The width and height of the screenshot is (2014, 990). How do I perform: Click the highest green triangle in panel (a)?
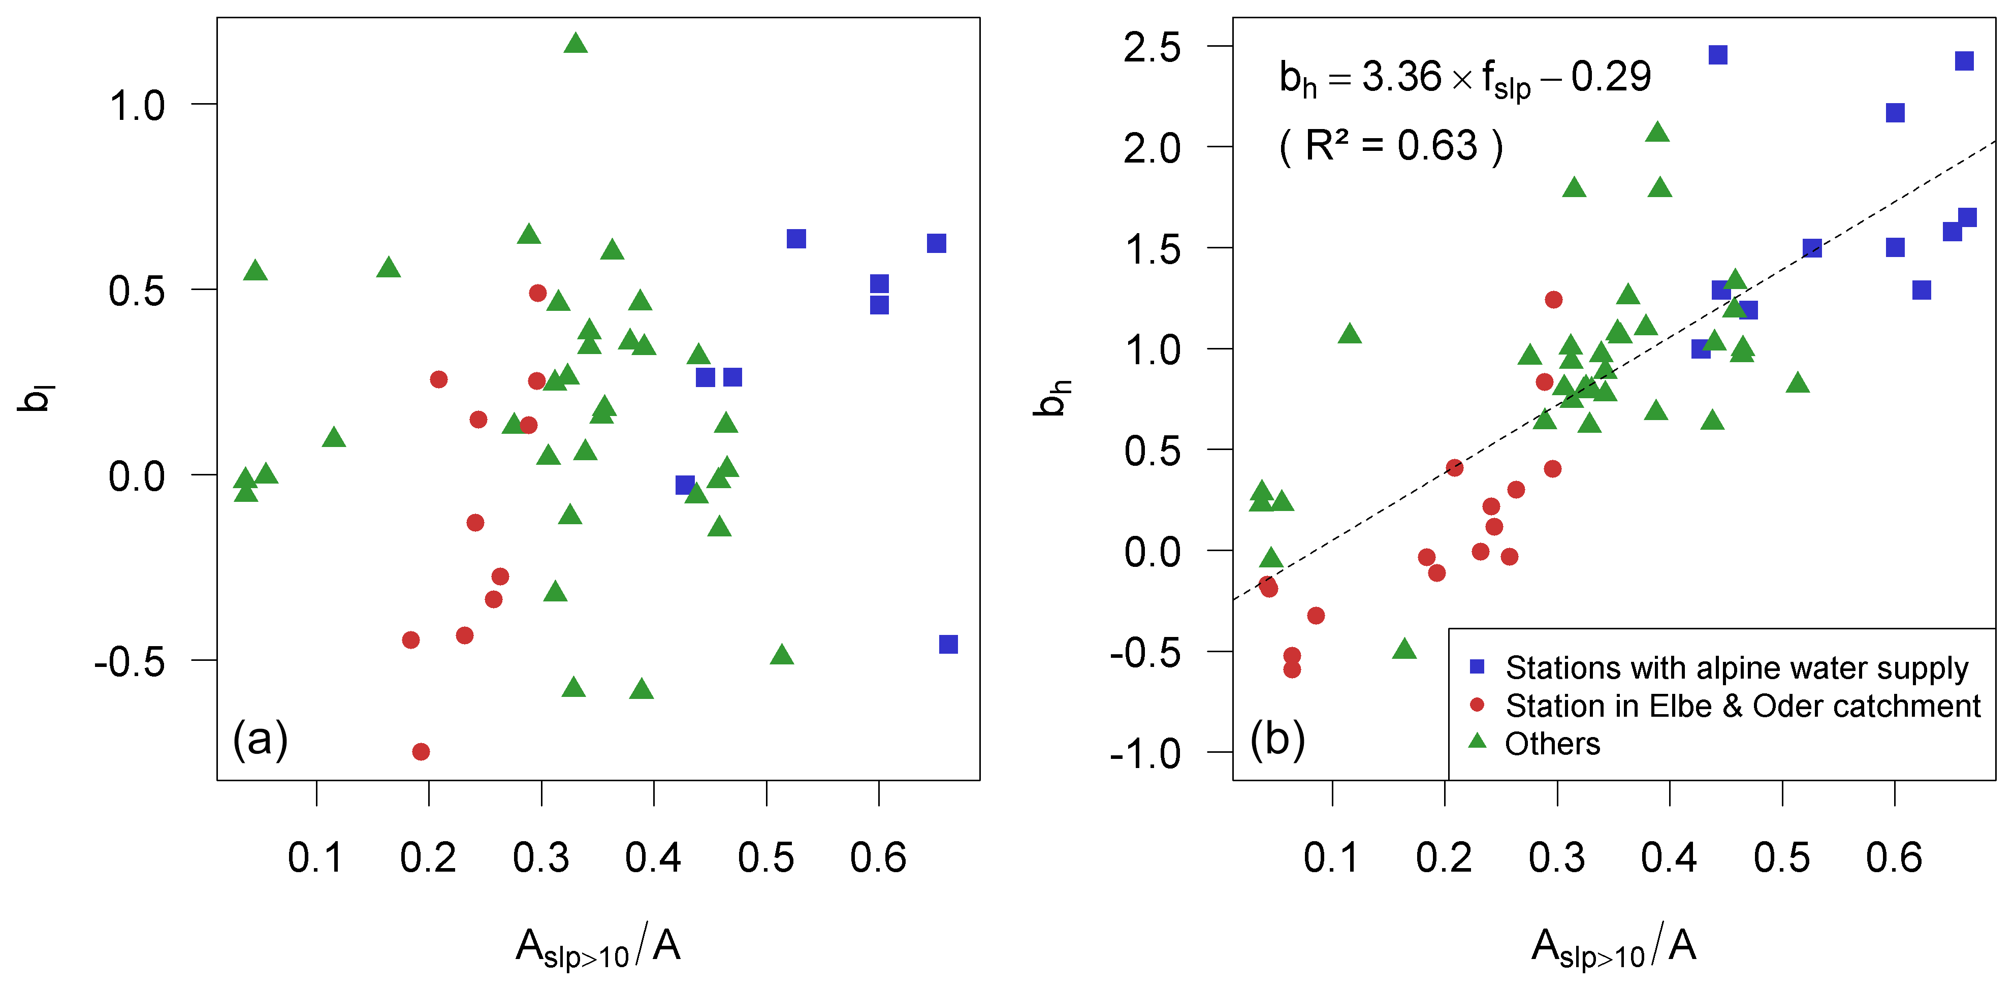click(576, 44)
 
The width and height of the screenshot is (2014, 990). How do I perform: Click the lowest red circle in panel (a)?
click(421, 751)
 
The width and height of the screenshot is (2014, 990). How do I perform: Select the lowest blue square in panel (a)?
click(948, 645)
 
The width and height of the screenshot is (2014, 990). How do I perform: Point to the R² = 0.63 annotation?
click(1391, 146)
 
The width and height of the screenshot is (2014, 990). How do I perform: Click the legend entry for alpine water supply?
click(1736, 668)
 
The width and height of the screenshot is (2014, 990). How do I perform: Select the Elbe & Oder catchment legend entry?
click(1742, 706)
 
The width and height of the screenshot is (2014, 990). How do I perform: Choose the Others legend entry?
click(1552, 743)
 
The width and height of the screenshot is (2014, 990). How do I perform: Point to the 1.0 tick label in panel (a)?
click(137, 106)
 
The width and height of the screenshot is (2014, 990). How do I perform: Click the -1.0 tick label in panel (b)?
click(1145, 754)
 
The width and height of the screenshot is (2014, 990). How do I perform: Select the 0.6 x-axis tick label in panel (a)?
click(878, 858)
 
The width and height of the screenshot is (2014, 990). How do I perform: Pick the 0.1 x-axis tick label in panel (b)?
click(1331, 858)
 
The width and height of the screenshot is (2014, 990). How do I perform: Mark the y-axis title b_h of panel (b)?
click(1051, 398)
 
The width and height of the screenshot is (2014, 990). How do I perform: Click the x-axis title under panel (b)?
click(1614, 947)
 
